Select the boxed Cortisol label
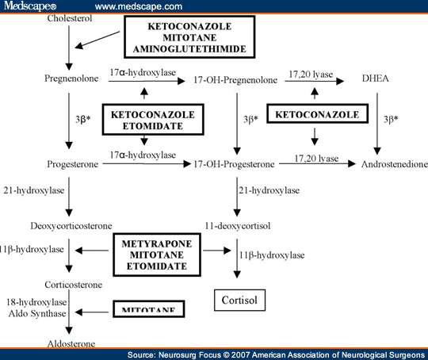coord(242,301)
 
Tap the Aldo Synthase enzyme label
coord(36,314)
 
